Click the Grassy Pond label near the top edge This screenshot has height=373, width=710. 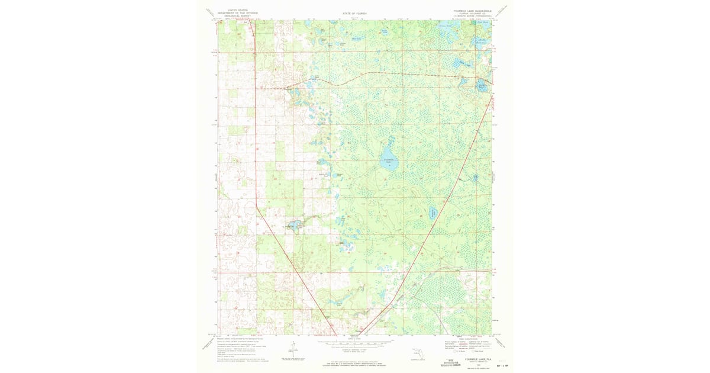(x=444, y=26)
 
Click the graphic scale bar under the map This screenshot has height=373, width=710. (x=355, y=342)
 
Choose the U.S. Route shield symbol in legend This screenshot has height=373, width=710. (x=451, y=353)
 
